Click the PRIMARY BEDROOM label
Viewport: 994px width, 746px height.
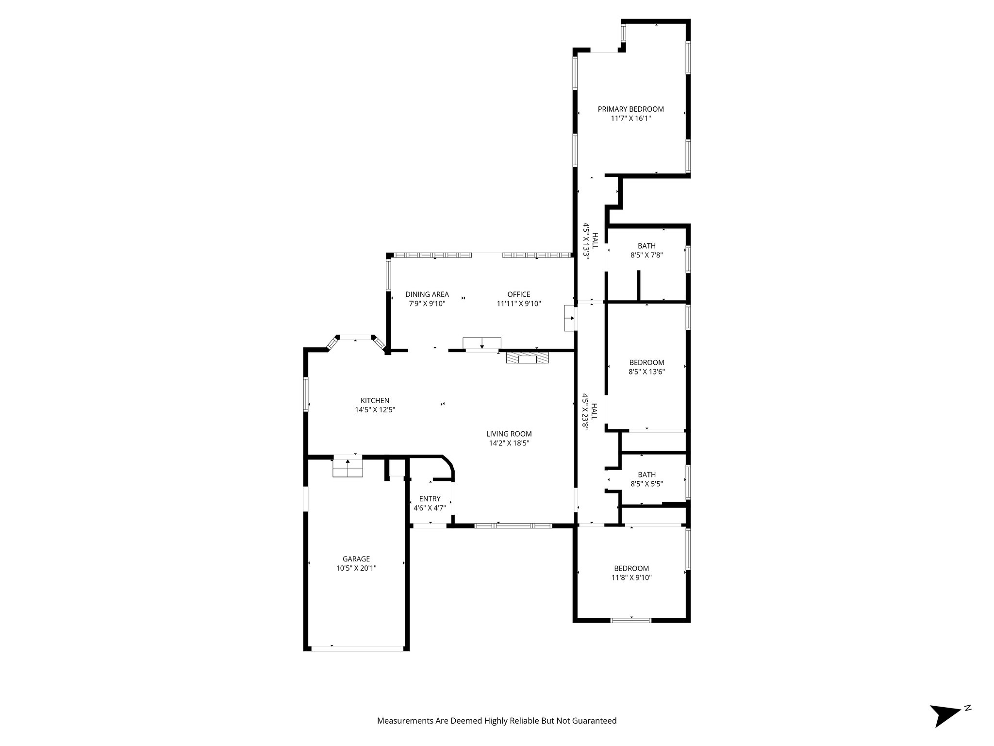click(630, 109)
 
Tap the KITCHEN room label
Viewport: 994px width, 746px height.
click(375, 401)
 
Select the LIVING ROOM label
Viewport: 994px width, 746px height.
click(509, 434)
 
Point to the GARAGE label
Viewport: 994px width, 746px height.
click(356, 559)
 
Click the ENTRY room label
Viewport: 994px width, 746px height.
click(430, 499)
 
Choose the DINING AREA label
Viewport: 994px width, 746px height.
click(427, 294)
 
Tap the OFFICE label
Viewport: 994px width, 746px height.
click(519, 294)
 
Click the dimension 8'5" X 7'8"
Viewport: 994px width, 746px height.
click(646, 255)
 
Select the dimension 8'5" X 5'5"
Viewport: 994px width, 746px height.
click(646, 484)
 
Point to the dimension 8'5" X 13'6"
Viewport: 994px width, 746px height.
click(646, 372)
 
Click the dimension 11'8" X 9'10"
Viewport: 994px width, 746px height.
click(631, 578)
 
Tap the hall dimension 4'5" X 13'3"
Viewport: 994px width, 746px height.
click(586, 241)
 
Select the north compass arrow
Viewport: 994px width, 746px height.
click(944, 727)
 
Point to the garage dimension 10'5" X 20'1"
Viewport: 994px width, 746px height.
click(356, 568)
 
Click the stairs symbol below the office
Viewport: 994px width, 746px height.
click(481, 343)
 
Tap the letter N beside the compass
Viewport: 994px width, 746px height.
click(967, 721)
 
